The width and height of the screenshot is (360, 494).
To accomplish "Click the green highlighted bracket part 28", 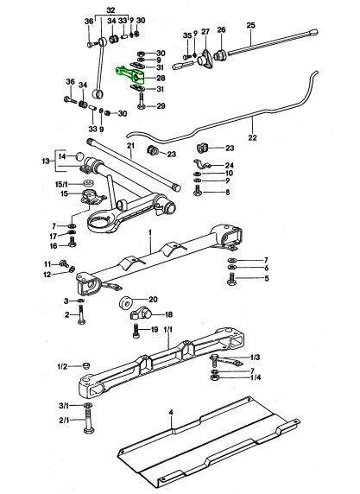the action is point(130,75).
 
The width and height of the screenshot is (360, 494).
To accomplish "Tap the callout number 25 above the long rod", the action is point(250,25).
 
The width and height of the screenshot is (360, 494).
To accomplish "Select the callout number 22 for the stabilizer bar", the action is point(252,137).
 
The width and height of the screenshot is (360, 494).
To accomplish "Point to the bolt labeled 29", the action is point(141,101).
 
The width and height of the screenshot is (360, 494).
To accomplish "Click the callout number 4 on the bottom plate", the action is point(171,412).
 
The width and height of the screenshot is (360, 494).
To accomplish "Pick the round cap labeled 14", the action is point(80,156).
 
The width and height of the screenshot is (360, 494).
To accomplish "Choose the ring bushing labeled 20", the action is point(126,303).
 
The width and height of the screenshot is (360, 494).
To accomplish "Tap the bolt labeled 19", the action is point(136,331).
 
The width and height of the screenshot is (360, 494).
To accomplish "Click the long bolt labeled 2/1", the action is point(87,421).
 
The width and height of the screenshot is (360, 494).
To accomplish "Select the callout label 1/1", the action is point(168,330).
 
